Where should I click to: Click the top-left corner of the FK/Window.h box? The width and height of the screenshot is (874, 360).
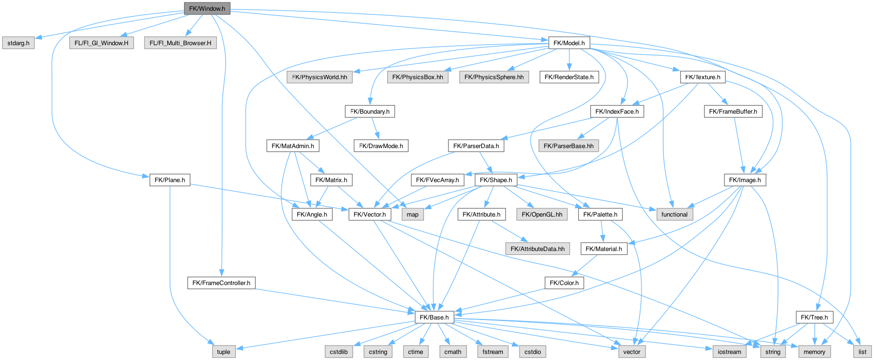184,3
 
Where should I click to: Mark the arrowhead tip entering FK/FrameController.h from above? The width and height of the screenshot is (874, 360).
222,278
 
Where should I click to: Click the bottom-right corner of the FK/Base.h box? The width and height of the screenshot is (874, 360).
454,323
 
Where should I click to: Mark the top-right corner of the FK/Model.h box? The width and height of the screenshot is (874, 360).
590,37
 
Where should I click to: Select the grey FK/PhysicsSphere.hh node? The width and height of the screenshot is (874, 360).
494,77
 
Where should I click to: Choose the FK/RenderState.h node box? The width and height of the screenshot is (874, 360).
569,77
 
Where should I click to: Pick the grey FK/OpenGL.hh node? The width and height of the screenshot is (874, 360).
542,215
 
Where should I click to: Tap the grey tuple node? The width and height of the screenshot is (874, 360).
224,352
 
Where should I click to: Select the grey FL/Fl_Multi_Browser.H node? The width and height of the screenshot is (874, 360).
180,43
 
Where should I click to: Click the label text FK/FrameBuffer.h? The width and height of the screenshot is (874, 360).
733,112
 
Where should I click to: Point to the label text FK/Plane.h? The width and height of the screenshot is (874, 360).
170,180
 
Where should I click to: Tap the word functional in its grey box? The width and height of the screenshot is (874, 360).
674,215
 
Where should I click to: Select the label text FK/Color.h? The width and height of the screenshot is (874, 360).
564,283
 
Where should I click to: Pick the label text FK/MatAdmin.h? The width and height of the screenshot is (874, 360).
293,146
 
